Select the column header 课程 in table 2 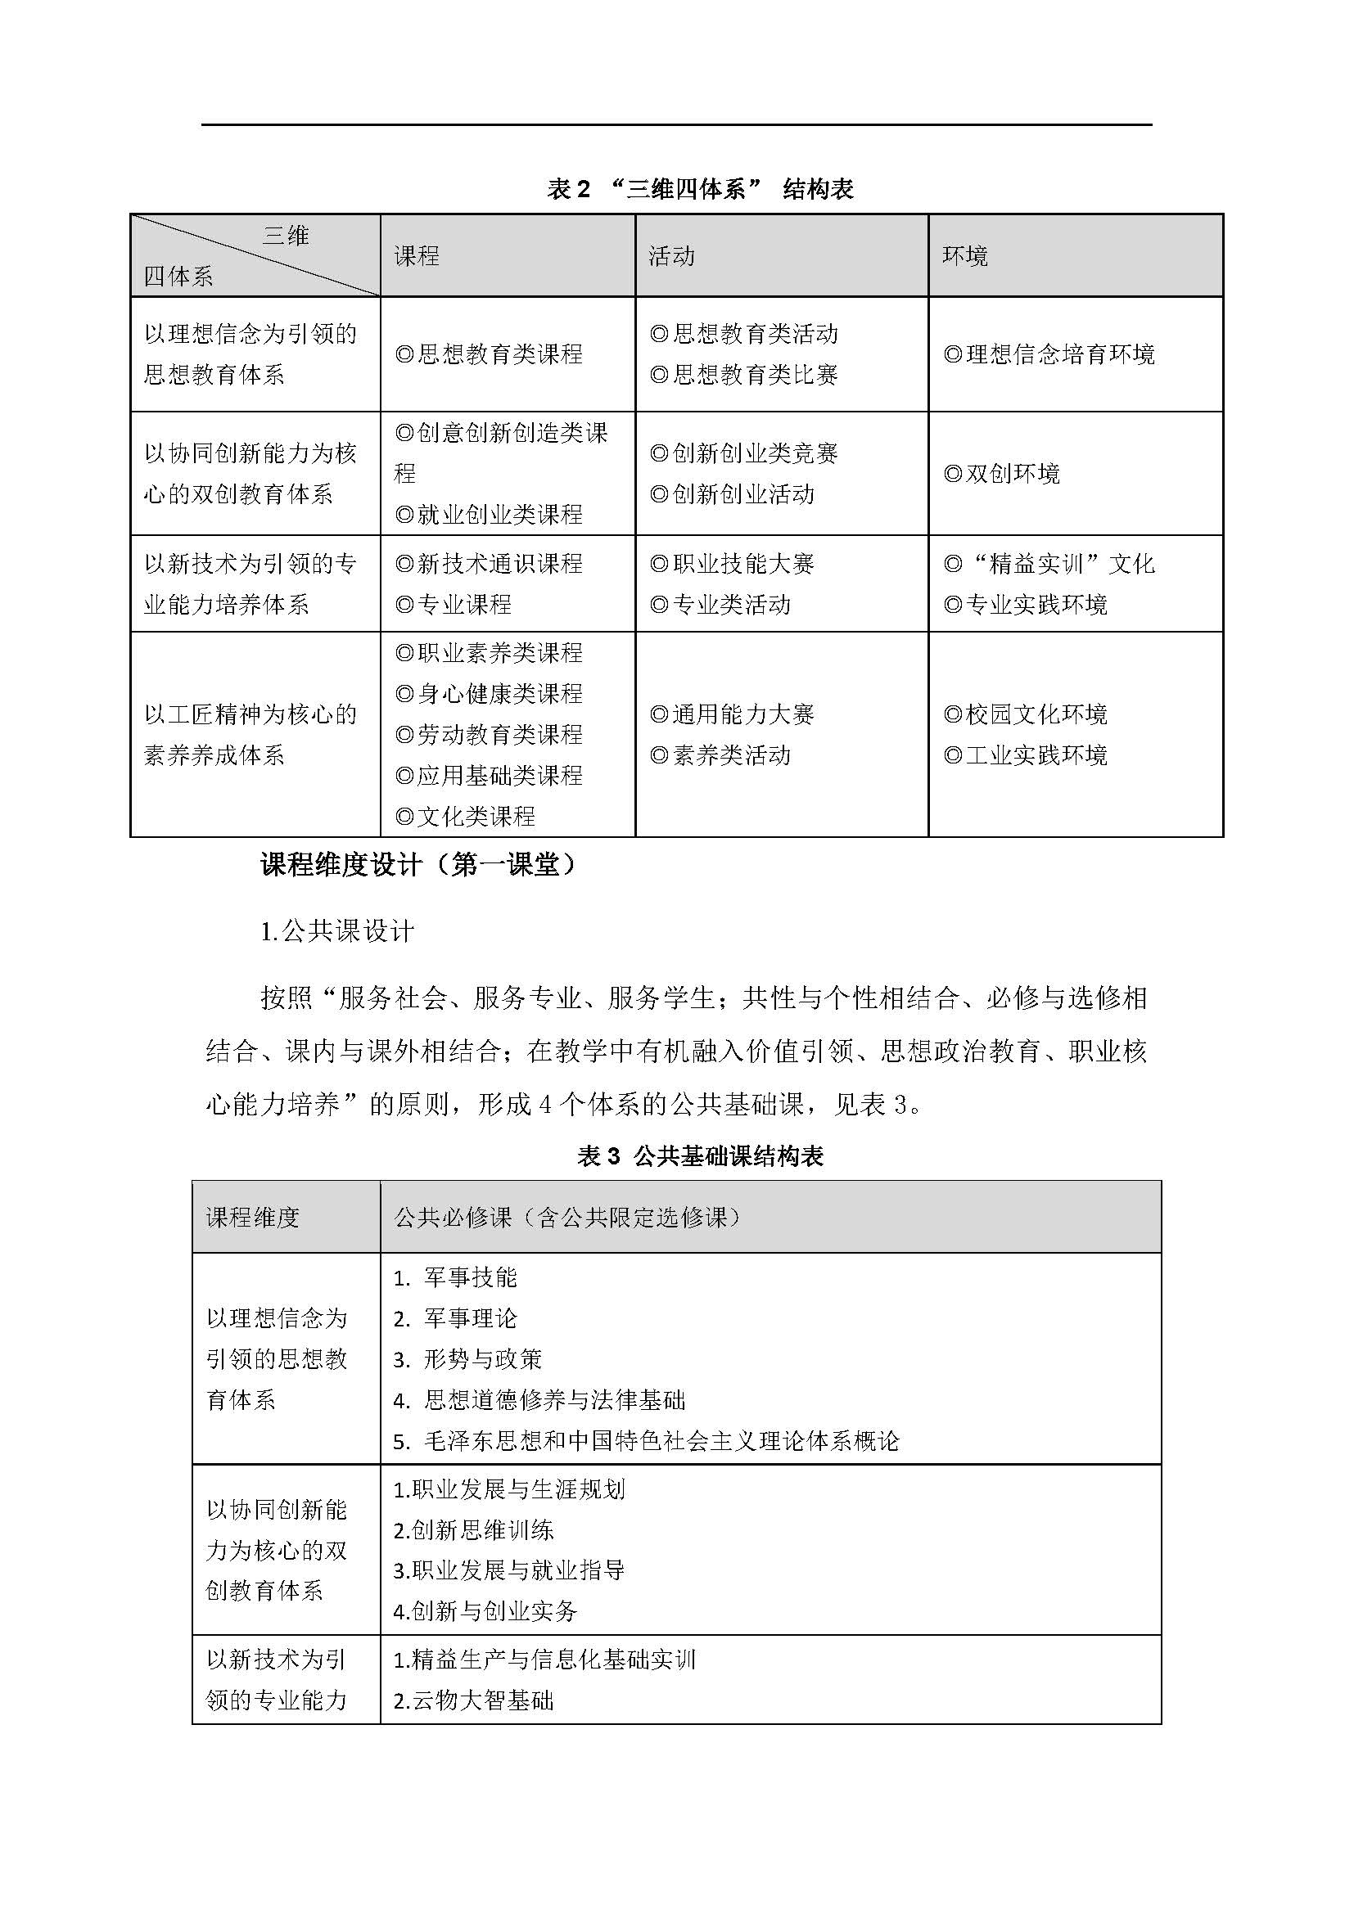pos(417,256)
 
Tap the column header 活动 pos(672,256)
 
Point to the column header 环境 pos(965,256)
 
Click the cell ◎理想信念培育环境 pos(1049,354)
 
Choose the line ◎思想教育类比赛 pos(743,375)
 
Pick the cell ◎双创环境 pos(1001,474)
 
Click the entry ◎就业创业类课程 pos(489,515)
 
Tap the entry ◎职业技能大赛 pos(732,564)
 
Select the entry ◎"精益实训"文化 pos(1049,564)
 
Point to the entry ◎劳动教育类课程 pos(489,734)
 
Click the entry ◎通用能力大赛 pos(732,714)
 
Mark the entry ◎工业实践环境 pos(1026,755)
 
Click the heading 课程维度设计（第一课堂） pos(418,865)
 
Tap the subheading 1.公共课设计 pos(336,931)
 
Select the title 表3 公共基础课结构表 pos(701,1156)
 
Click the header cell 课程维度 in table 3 pos(253,1218)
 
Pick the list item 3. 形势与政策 pos(468,1360)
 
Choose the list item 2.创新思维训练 pos(473,1529)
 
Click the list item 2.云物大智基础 pos(473,1700)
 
